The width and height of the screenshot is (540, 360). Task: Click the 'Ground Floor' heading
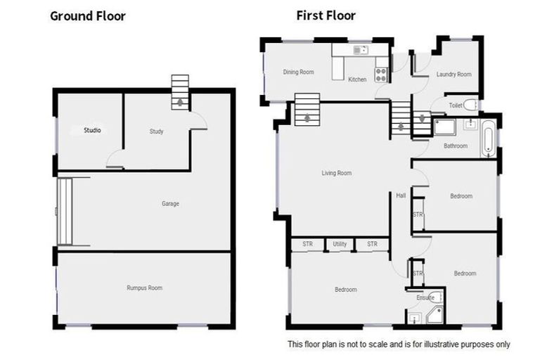click(x=88, y=15)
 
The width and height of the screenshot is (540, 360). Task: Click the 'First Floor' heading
click(x=326, y=15)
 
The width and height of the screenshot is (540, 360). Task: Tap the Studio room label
click(x=92, y=130)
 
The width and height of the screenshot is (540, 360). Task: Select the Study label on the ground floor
click(x=156, y=131)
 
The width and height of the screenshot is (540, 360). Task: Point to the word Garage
click(x=170, y=204)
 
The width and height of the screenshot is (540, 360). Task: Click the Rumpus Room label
click(x=145, y=288)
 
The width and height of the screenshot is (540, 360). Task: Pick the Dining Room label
click(x=298, y=72)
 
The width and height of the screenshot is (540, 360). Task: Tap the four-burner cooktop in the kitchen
click(x=381, y=72)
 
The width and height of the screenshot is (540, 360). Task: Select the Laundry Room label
click(x=454, y=74)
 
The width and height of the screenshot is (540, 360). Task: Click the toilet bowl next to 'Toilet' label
click(x=470, y=105)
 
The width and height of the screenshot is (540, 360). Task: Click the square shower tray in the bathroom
click(x=444, y=127)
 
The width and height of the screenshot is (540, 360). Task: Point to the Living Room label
click(x=336, y=173)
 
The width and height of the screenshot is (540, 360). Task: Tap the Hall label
click(x=400, y=195)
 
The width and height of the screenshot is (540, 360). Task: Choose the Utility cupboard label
click(x=340, y=244)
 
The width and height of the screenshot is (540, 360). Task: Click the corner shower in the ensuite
click(x=436, y=314)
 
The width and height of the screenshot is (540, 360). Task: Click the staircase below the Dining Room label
click(x=307, y=110)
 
